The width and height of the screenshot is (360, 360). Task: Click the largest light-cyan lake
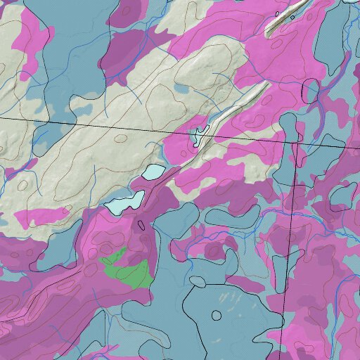[125, 202]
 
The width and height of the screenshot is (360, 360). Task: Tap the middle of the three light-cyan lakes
[155, 172]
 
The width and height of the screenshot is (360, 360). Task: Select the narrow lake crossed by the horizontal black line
[200, 133]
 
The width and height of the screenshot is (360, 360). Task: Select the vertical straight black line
[288, 246]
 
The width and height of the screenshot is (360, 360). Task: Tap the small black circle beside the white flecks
[198, 282]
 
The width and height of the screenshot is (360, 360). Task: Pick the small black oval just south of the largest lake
[141, 225]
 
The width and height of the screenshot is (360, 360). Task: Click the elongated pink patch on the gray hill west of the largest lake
[42, 215]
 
